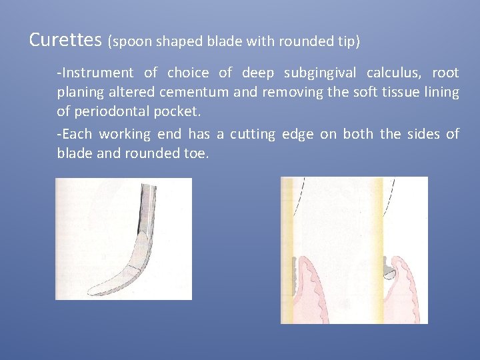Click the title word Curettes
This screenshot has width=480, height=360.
pyautogui.click(x=65, y=40)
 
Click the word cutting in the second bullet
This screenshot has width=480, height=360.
pyautogui.click(x=252, y=135)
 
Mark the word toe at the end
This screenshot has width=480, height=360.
pyautogui.click(x=197, y=153)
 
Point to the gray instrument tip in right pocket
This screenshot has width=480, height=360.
pyautogui.click(x=388, y=271)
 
